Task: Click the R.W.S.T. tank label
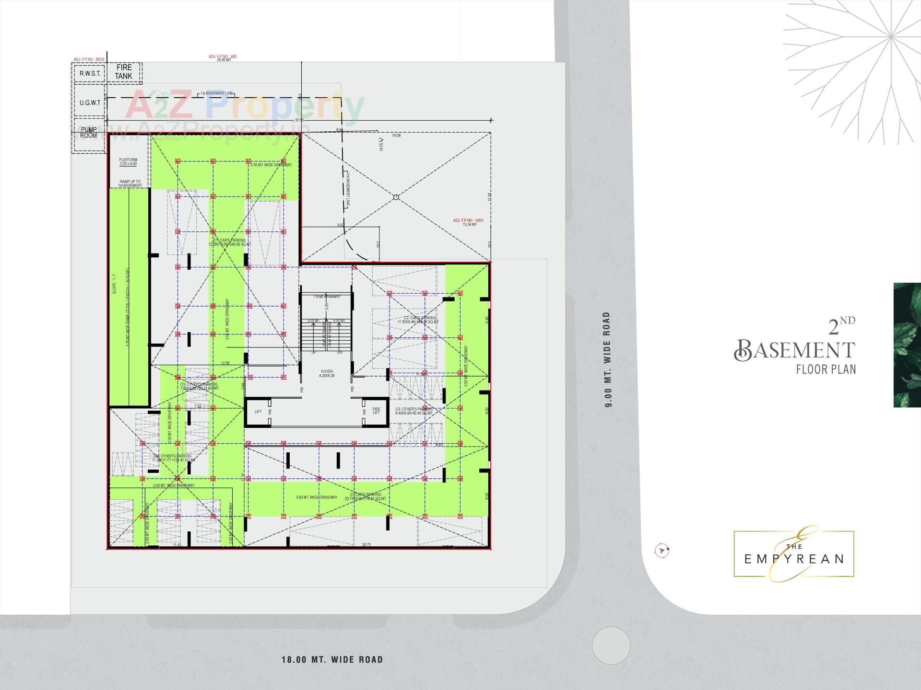point(90,73)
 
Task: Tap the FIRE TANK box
point(124,72)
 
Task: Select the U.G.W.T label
point(90,103)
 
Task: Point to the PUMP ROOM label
point(89,133)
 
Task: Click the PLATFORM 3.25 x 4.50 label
point(128,162)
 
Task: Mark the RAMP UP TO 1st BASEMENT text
point(130,184)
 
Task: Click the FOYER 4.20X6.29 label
point(327,373)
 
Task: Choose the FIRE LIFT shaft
point(376,411)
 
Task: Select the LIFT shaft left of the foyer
point(258,412)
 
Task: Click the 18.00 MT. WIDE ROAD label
point(332,660)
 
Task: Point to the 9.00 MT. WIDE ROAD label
point(607,359)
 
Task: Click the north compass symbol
point(662,551)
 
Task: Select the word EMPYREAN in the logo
point(794,559)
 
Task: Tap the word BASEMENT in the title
point(795,350)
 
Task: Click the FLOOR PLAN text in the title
point(826,369)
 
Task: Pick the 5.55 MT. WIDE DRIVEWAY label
point(271,165)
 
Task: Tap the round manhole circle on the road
point(611,645)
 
